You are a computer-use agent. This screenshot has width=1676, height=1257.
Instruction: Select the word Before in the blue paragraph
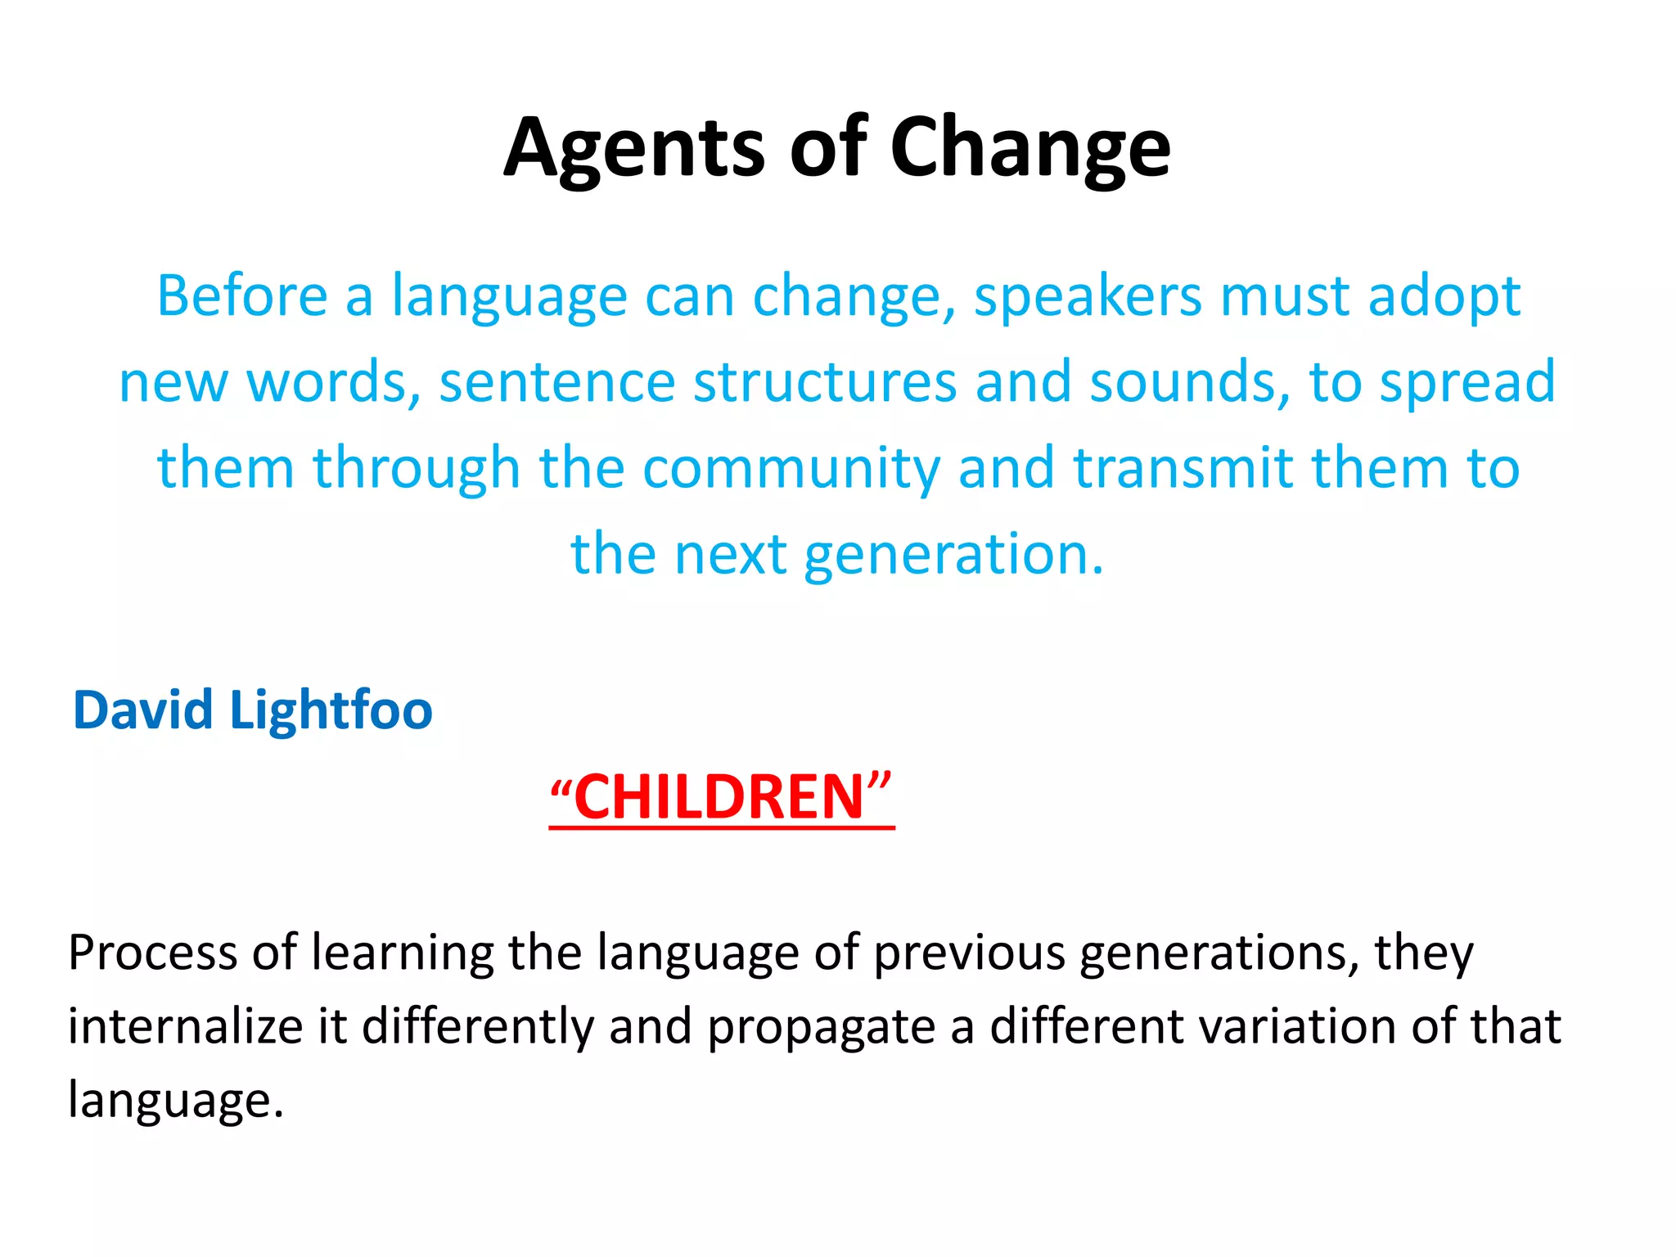coord(242,295)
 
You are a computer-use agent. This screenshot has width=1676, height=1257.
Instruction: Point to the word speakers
coord(1088,297)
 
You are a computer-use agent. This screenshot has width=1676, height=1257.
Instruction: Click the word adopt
coord(1444,297)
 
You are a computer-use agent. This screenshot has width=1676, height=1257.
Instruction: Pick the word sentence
coord(556,383)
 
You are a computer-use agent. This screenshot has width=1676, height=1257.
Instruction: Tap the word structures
coord(825,383)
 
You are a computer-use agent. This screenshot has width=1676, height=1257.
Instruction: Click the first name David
coord(144,710)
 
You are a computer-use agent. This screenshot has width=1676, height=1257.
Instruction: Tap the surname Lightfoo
coord(331,711)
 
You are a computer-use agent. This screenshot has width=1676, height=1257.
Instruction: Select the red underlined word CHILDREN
coord(720,797)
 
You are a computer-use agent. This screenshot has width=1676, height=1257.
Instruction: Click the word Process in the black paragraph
coord(152,953)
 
